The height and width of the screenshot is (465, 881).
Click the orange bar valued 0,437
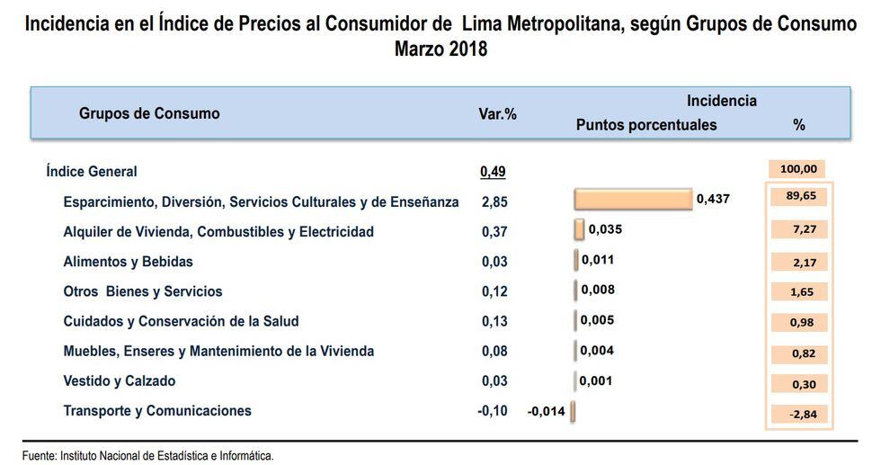tap(632, 199)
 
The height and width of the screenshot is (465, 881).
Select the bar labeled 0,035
tap(579, 229)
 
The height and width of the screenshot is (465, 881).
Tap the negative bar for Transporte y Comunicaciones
tap(573, 411)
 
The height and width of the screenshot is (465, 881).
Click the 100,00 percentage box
tap(798, 168)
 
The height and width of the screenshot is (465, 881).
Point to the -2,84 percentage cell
tap(799, 414)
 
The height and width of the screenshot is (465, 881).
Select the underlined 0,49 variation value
tap(494, 171)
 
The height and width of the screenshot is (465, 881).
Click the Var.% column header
tap(497, 114)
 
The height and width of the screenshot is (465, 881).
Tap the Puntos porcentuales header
tap(645, 125)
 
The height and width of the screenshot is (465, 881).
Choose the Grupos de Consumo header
tap(149, 113)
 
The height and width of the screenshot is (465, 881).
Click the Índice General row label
tap(92, 171)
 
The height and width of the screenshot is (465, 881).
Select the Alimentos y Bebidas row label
tap(128, 262)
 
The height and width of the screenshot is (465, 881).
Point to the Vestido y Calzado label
tap(120, 380)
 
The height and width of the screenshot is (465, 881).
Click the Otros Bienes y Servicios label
tap(143, 291)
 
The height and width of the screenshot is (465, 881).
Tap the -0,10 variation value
tap(493, 411)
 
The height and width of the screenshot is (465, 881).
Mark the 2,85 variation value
tap(494, 201)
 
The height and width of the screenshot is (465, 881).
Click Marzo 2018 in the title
tap(440, 49)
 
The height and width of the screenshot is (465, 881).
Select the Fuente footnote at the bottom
tap(148, 456)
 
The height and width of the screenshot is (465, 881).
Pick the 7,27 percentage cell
tap(799, 230)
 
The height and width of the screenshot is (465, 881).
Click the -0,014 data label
tap(547, 411)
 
